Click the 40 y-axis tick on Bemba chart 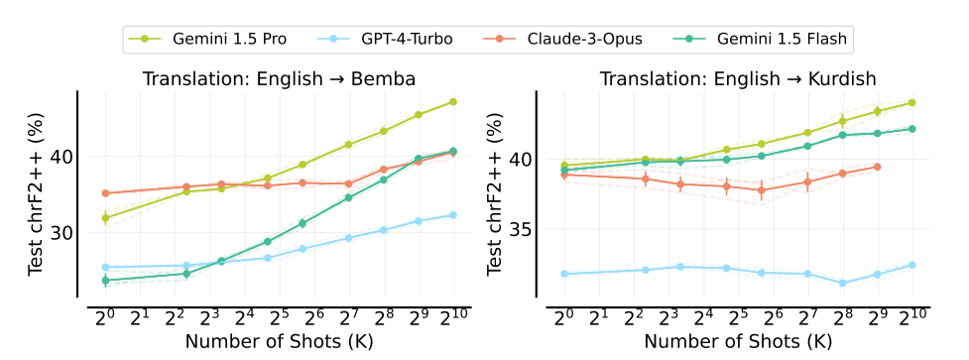click(x=60, y=157)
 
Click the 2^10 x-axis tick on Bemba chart click(x=454, y=317)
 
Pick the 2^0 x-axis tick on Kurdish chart click(x=563, y=317)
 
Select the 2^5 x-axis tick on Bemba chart click(x=280, y=317)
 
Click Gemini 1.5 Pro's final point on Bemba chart click(x=453, y=101)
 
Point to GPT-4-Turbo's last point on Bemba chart click(x=453, y=214)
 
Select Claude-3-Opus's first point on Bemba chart click(x=105, y=193)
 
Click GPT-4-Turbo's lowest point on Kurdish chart click(x=842, y=283)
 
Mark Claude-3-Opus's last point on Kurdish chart click(x=878, y=167)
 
